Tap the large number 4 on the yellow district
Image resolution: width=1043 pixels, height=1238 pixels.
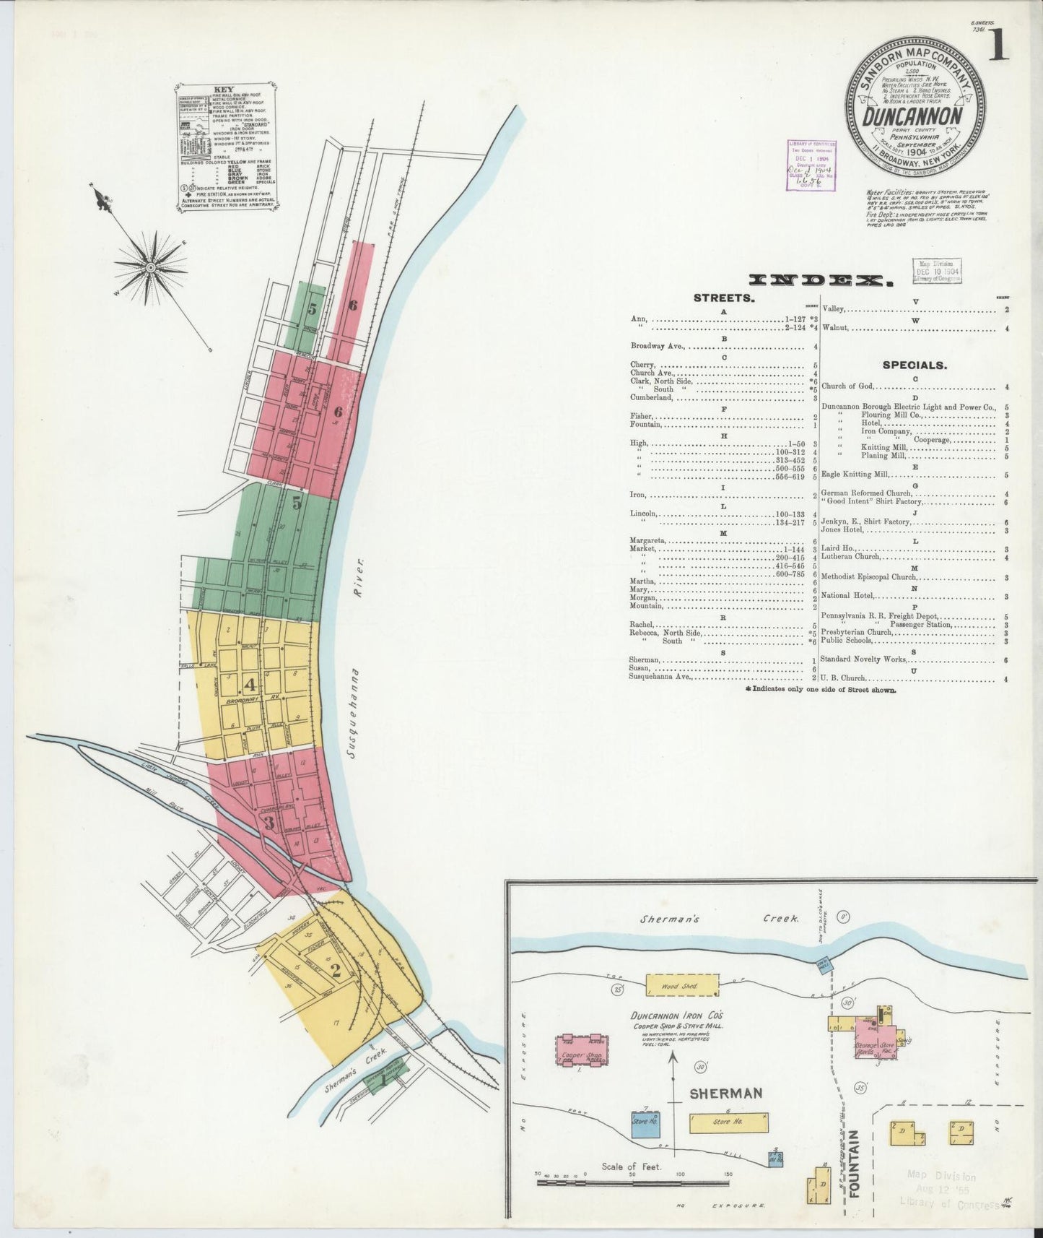[250, 684]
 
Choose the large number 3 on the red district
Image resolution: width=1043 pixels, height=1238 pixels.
[269, 823]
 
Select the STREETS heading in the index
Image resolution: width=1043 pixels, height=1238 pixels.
[723, 297]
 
